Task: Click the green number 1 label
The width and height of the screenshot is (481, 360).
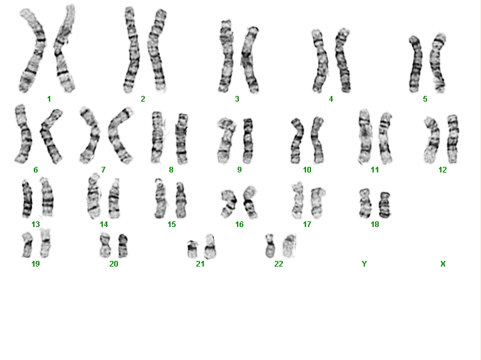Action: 49,99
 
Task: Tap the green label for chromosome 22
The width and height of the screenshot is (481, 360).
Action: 278,264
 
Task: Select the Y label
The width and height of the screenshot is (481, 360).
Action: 364,264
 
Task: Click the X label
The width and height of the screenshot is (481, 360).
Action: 443,264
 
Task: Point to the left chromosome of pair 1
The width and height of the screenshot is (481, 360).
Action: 34,52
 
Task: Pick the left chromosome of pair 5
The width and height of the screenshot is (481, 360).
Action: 416,65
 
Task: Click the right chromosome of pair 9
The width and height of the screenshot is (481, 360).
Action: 248,140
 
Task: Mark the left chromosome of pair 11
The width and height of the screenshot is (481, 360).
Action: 365,137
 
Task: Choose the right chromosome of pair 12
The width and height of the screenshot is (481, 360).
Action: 453,139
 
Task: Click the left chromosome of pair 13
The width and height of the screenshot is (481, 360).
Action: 27,199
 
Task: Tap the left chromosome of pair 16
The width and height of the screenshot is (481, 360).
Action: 229,203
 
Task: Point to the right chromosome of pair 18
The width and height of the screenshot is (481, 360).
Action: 384,204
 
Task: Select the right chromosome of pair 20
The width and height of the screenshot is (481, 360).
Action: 123,245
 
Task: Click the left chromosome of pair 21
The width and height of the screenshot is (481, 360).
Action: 193,249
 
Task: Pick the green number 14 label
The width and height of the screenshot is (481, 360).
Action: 104,225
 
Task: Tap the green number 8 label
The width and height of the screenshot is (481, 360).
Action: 171,170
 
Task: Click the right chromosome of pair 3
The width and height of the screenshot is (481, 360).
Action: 250,60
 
